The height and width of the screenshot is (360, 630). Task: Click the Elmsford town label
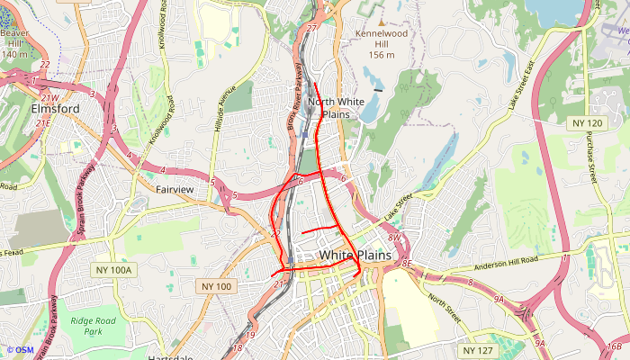coord(55,109)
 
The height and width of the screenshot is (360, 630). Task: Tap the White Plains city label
coord(355,256)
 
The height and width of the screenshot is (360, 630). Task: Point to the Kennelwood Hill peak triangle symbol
coord(381,21)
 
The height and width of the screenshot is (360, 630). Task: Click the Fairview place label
coord(175,190)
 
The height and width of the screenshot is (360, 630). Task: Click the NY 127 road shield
coord(478,350)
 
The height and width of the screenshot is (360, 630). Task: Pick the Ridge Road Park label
coord(94,326)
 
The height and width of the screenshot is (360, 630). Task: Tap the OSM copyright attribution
coord(20,350)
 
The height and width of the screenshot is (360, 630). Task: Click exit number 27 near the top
coord(311,29)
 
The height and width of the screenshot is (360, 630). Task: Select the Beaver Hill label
coord(14,42)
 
